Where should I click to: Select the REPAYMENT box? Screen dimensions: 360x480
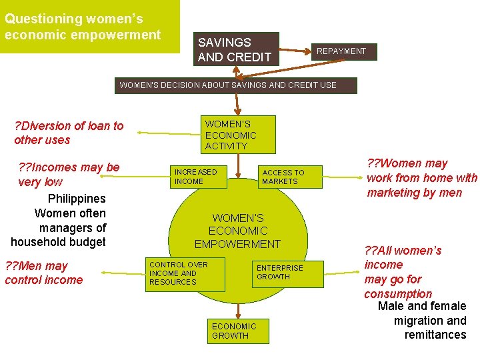click(x=341, y=51)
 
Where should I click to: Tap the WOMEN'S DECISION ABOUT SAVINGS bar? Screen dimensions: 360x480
click(x=235, y=85)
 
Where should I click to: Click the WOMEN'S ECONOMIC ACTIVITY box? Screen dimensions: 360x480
click(x=231, y=135)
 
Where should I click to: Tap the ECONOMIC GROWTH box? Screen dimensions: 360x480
click(x=233, y=331)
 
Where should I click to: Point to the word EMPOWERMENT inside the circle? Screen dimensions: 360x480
click(x=238, y=244)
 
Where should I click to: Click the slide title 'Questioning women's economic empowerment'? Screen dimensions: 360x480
click(x=83, y=27)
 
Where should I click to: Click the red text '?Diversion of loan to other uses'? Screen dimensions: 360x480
click(x=69, y=133)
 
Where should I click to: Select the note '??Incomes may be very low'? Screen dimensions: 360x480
click(x=69, y=174)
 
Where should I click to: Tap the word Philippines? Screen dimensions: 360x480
click(x=77, y=199)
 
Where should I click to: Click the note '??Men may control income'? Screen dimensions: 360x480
click(x=44, y=273)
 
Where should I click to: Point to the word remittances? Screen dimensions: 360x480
click(x=435, y=335)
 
